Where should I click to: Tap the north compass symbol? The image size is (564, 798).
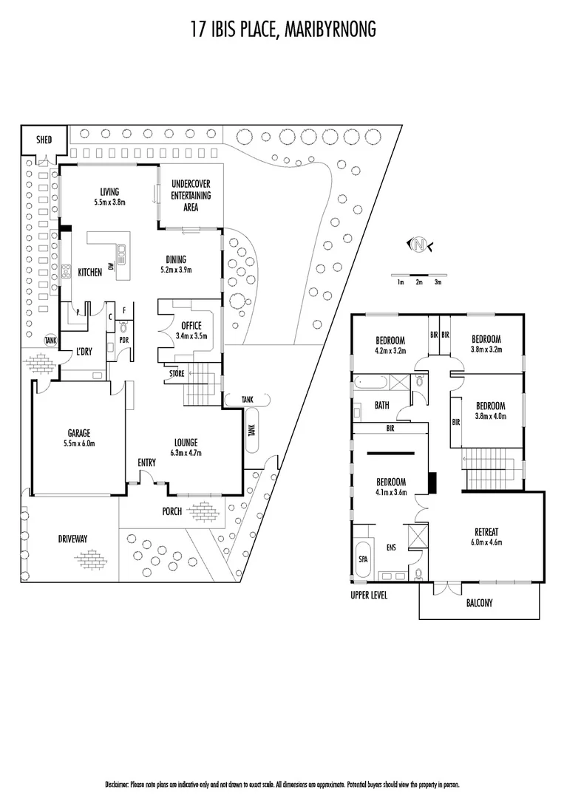point(420,245)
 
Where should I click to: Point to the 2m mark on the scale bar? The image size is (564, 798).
point(419,282)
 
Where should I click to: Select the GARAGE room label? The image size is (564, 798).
point(78,434)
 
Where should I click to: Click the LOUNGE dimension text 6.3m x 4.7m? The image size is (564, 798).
point(185,453)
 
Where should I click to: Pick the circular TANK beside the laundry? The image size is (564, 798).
point(50,341)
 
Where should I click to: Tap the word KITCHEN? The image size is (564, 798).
point(90,273)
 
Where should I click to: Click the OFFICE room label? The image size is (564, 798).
point(191,326)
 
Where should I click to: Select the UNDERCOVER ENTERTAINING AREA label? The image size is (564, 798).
point(191,196)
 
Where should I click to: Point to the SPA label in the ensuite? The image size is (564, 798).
point(363,559)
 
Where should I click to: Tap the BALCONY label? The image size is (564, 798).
point(479,603)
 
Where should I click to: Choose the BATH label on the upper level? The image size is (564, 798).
point(382,405)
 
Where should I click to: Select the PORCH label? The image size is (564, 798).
point(172,511)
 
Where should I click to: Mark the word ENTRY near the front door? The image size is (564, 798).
point(146,463)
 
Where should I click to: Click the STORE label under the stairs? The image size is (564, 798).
point(176,373)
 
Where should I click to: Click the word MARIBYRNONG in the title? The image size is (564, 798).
point(328,29)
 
